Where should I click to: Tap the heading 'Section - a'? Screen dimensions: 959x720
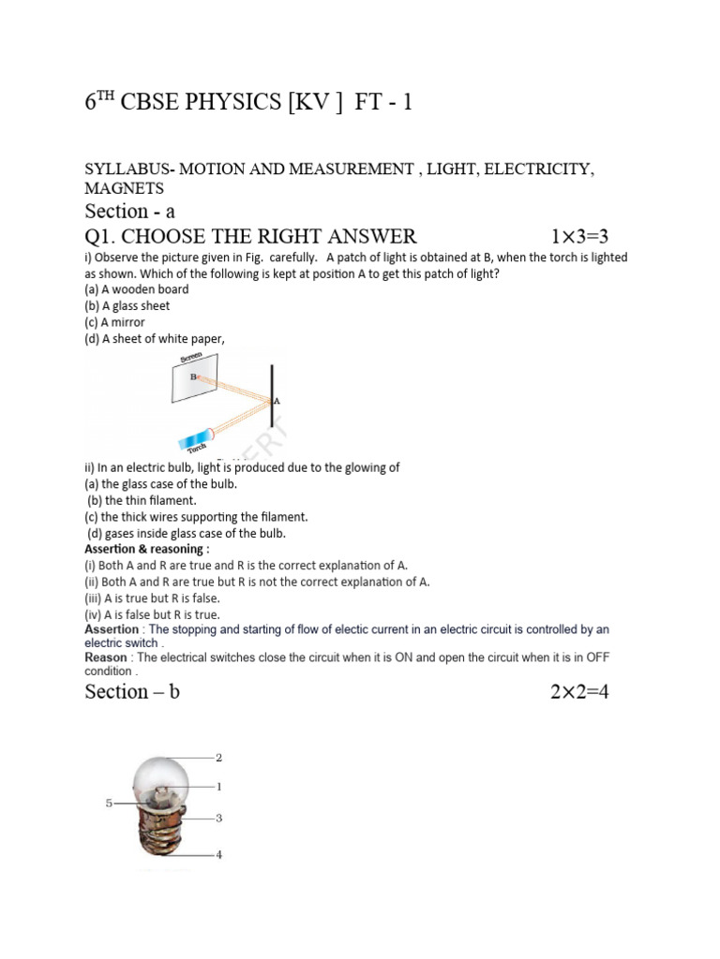point(129,211)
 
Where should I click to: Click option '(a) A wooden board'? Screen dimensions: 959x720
point(136,289)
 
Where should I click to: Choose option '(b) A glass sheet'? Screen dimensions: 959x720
point(127,306)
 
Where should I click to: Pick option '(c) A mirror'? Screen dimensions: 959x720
point(114,322)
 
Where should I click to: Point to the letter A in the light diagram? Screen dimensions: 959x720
point(277,401)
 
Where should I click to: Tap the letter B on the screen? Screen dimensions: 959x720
point(193,376)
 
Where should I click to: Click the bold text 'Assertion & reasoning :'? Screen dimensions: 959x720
point(147,549)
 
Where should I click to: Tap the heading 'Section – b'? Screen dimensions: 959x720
point(131,692)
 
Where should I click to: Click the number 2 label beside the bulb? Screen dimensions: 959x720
point(218,757)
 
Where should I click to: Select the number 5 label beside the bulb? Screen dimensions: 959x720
point(109,803)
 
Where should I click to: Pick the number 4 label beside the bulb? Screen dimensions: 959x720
point(218,854)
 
